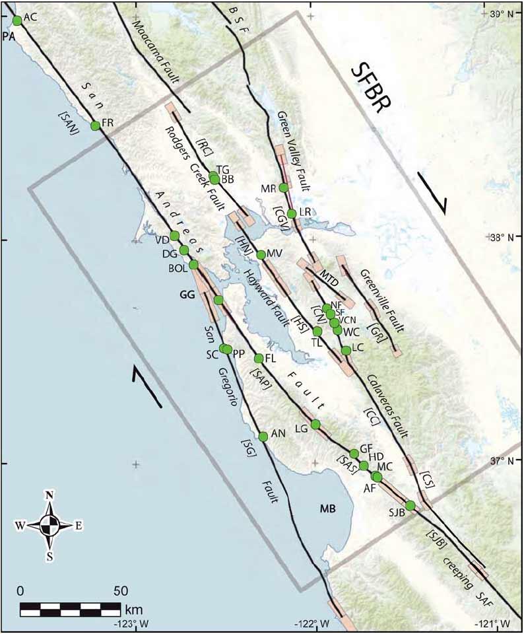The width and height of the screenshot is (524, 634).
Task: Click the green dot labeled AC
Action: click(x=17, y=20)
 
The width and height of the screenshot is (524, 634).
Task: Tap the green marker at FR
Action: click(x=95, y=125)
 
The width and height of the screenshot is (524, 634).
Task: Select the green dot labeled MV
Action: click(x=261, y=255)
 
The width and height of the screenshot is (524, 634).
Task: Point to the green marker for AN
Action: click(x=263, y=436)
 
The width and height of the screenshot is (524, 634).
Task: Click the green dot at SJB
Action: click(x=410, y=506)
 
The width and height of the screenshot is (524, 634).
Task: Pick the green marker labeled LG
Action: click(x=315, y=424)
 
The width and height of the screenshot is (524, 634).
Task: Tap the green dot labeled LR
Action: click(x=292, y=213)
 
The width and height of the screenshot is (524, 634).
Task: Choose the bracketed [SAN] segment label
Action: click(x=69, y=122)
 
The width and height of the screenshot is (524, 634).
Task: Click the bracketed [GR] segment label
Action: click(x=376, y=328)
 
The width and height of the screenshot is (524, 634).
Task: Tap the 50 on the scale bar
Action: click(x=120, y=589)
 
